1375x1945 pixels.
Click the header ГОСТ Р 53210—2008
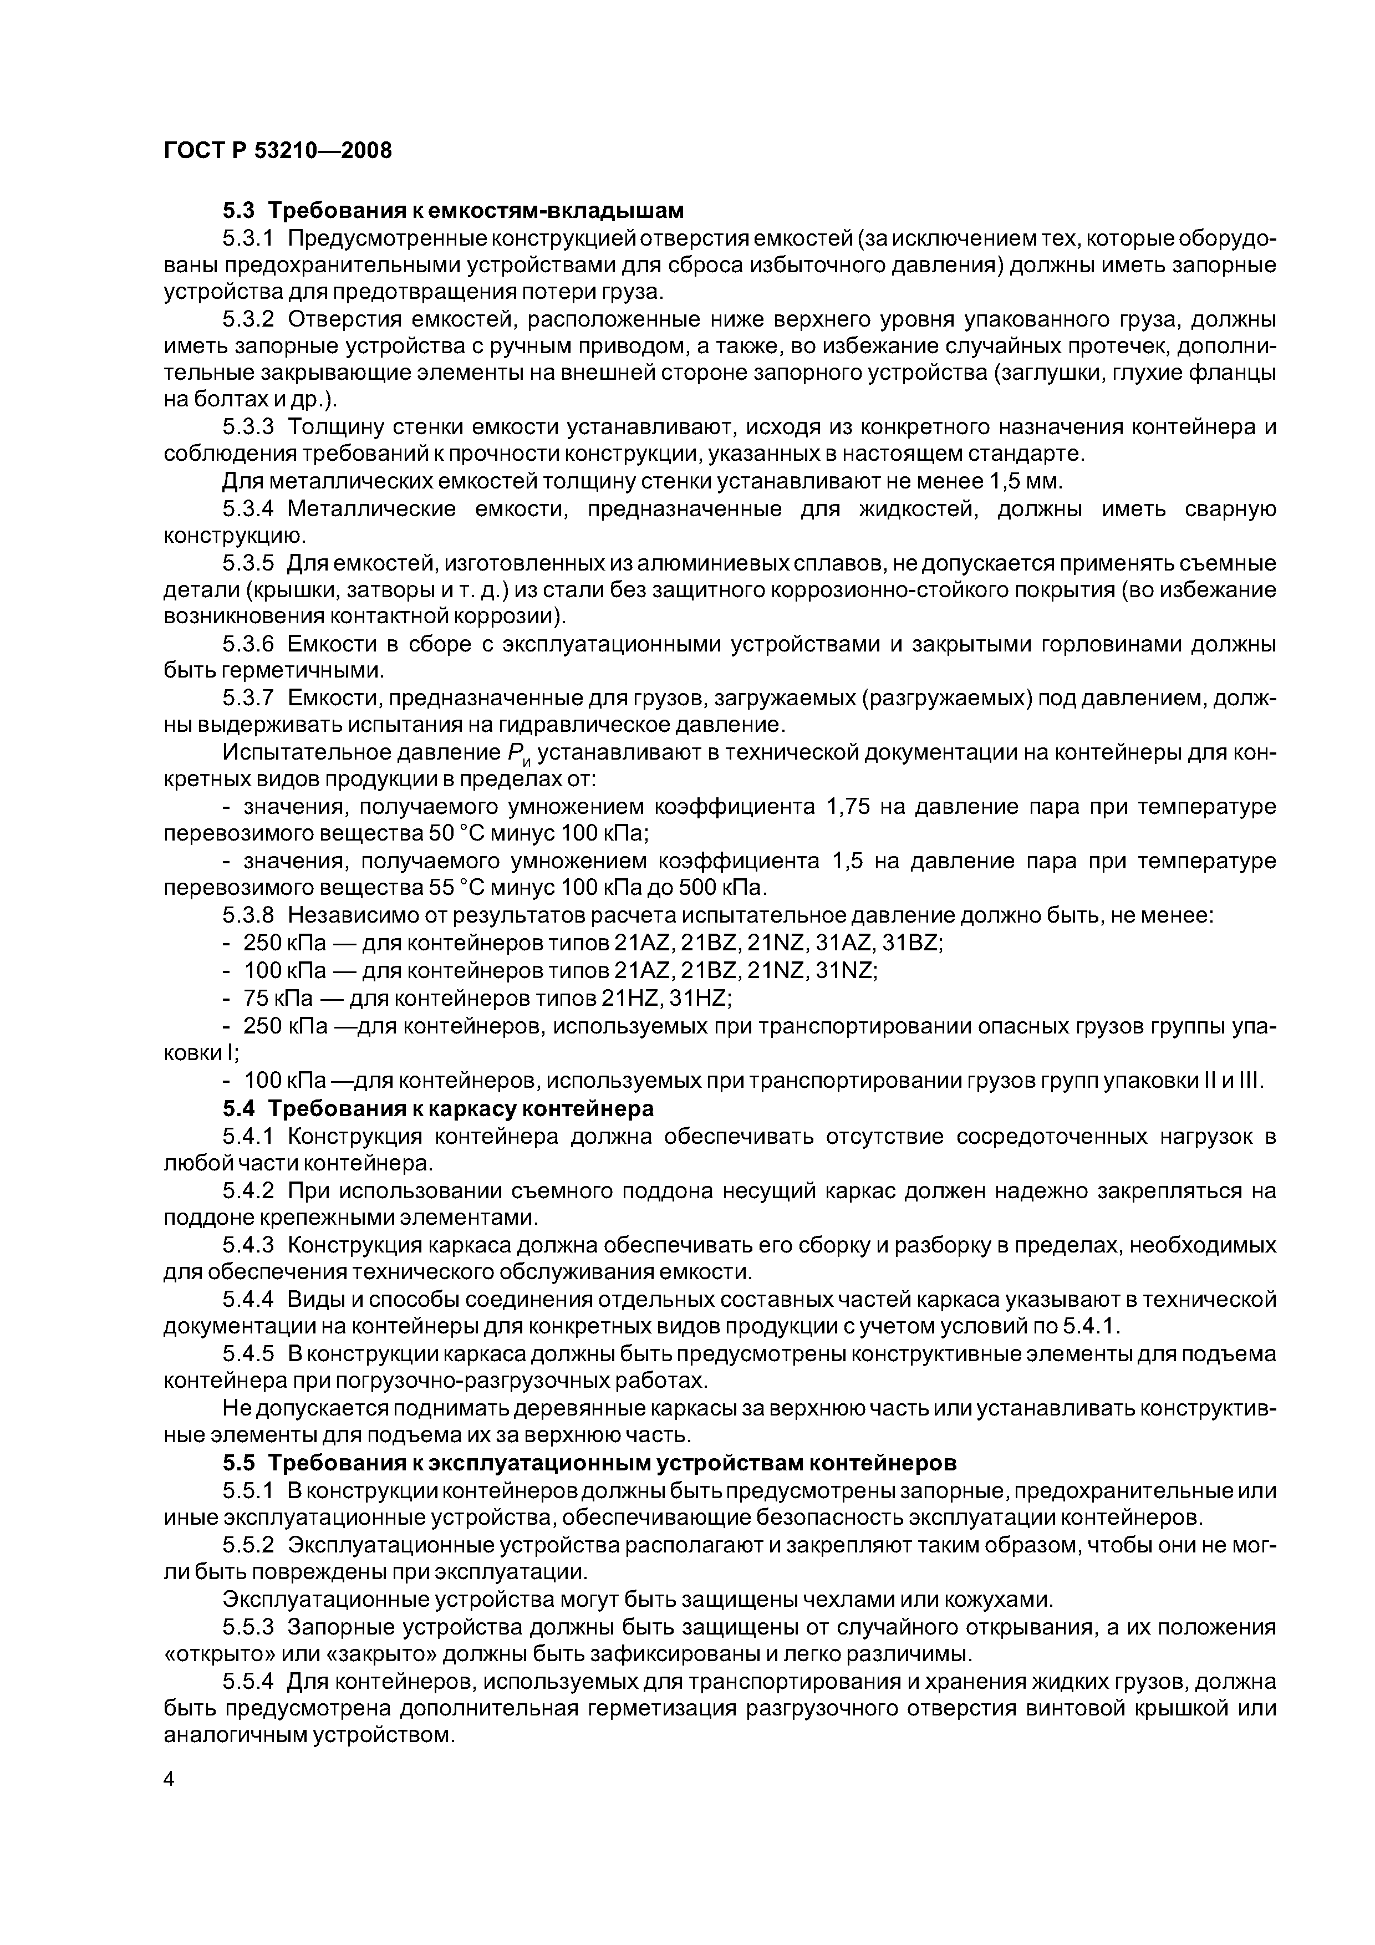click(x=277, y=151)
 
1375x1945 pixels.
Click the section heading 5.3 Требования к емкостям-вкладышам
click(x=452, y=209)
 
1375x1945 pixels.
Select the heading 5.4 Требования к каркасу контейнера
click(x=438, y=1108)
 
